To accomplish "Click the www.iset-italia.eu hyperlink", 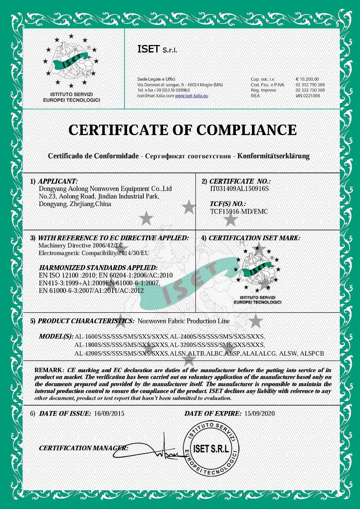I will pyautogui.click(x=192, y=96).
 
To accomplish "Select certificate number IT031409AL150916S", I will pyautogui.click(x=239, y=189).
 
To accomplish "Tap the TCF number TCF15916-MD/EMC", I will pyautogui.click(x=239, y=211).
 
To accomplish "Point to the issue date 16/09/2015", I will pyautogui.click(x=109, y=414).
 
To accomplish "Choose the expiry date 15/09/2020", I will pyautogui.click(x=259, y=414).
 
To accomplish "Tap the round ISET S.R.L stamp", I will pyautogui.click(x=211, y=449).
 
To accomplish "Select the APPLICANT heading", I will pyautogui.click(x=58, y=181).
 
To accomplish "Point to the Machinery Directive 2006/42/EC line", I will pyautogui.click(x=81, y=246).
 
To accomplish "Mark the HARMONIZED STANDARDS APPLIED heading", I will pyautogui.click(x=98, y=268).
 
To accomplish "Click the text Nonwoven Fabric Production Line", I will pyautogui.click(x=184, y=321).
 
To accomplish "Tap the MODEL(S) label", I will pyautogui.click(x=56, y=336).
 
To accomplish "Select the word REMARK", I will pyautogui.click(x=49, y=370).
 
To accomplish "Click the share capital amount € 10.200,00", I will pyautogui.click(x=307, y=79).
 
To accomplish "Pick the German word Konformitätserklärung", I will pyautogui.click(x=273, y=156).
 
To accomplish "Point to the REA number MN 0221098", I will pyautogui.click(x=308, y=96).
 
